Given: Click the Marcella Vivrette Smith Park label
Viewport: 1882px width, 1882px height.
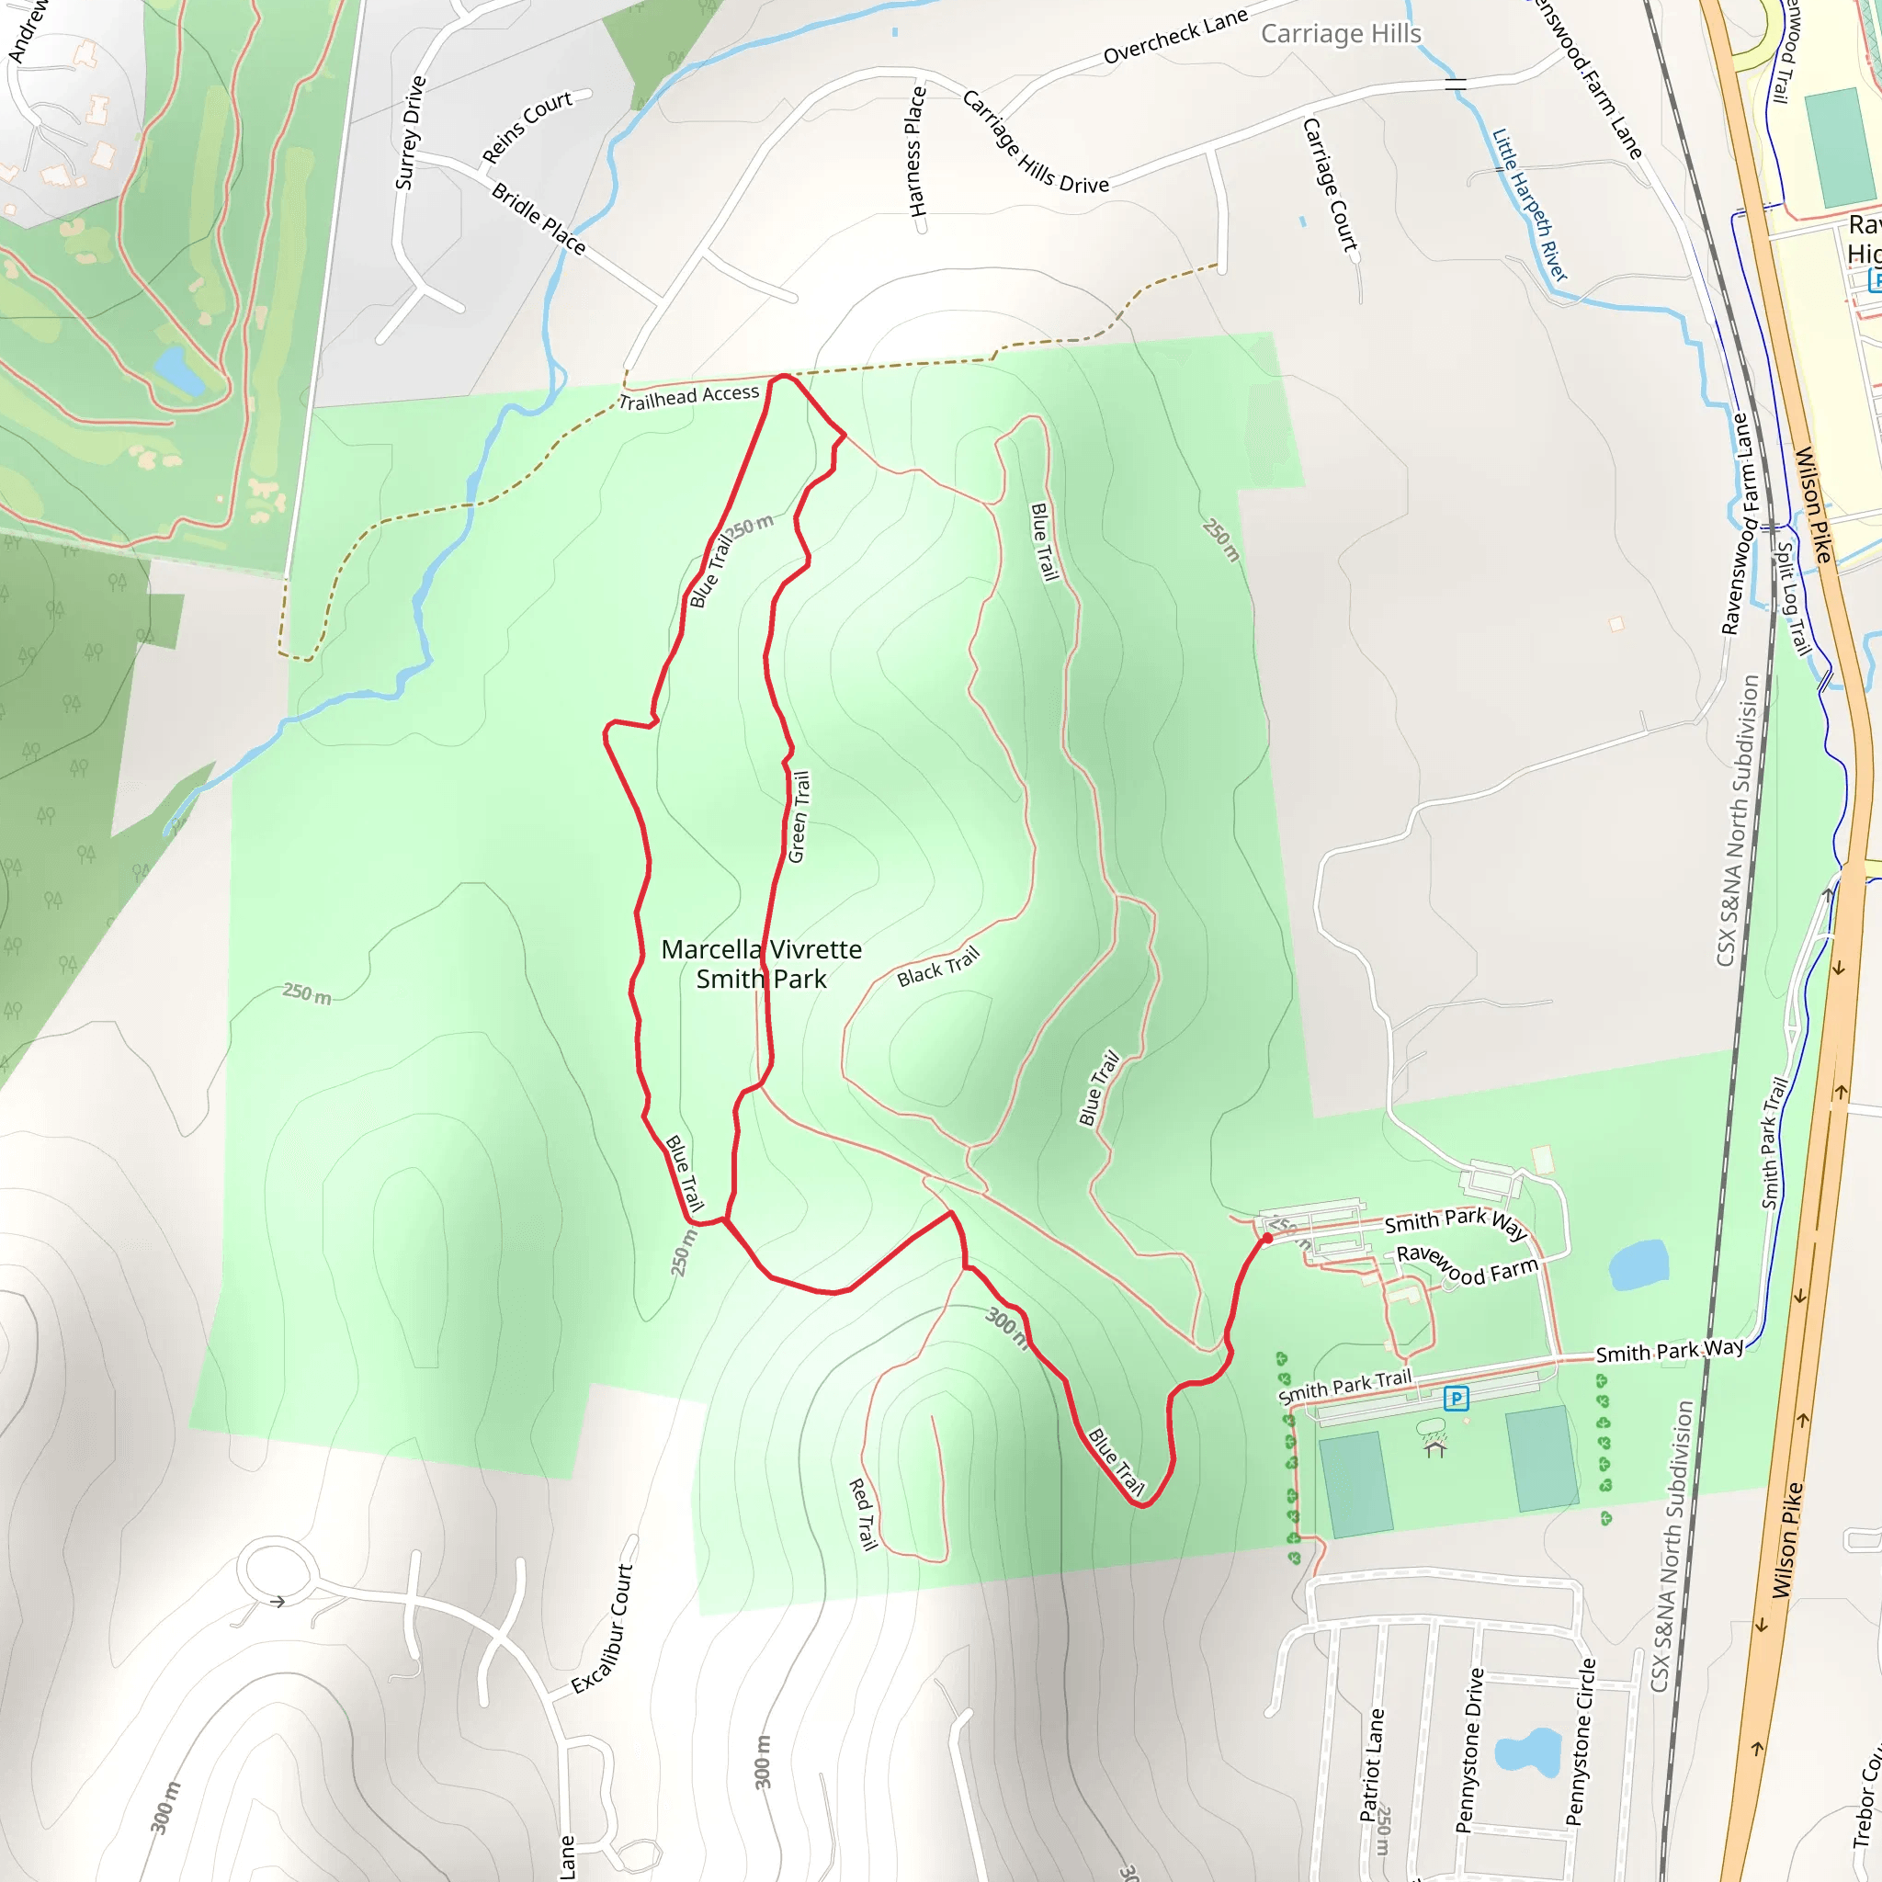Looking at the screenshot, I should (761, 963).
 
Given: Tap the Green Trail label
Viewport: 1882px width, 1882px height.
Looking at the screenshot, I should (798, 816).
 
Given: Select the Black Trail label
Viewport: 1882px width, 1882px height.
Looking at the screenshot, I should (937, 967).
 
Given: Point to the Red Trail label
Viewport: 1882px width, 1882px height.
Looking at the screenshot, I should (863, 1514).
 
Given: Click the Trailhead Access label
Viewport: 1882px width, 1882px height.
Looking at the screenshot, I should (688, 396).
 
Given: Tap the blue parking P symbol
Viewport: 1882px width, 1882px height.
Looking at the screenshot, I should (1456, 1399).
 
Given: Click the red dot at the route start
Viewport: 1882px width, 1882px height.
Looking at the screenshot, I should (1267, 1238).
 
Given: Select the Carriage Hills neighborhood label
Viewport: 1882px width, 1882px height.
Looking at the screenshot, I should (1341, 34).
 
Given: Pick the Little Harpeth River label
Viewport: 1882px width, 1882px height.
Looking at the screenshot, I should (1529, 205).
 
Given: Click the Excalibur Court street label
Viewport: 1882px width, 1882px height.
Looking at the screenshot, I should (602, 1628).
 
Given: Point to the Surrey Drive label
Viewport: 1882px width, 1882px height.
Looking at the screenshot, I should (410, 133).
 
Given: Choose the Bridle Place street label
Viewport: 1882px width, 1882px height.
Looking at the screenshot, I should (539, 220).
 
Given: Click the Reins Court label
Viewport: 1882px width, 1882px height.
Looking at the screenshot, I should (527, 128).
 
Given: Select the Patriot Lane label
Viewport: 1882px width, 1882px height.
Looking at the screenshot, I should (1372, 1764).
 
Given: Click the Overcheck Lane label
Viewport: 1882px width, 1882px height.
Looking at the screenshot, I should (1174, 36).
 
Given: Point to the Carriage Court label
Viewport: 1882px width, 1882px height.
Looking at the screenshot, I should (1330, 184).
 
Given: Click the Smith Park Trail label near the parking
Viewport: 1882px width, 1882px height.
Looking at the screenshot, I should (1344, 1386).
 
